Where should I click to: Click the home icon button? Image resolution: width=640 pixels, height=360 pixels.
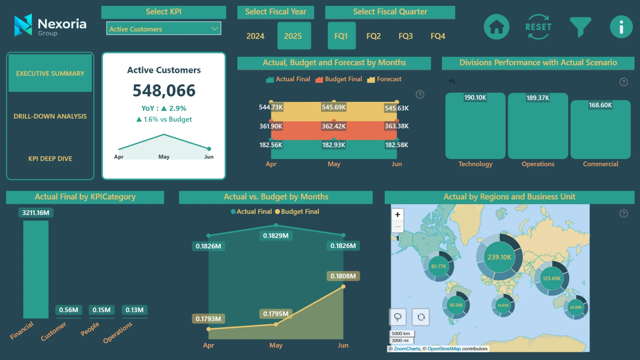pyautogui.click(x=496, y=27)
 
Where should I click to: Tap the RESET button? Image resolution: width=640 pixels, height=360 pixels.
pyautogui.click(x=538, y=27)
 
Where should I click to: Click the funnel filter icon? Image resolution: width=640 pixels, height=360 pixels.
pyautogui.click(x=580, y=27)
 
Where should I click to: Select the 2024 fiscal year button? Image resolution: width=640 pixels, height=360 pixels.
pyautogui.click(x=255, y=36)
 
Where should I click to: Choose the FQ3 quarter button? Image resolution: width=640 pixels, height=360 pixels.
pyautogui.click(x=405, y=36)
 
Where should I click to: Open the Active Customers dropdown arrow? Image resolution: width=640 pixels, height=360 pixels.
pyautogui.click(x=215, y=29)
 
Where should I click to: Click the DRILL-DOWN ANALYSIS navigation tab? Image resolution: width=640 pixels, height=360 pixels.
pyautogui.click(x=50, y=116)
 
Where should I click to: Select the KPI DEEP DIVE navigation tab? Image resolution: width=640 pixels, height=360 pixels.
pyautogui.click(x=50, y=159)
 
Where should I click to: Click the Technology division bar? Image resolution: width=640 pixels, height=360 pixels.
pyautogui.click(x=475, y=128)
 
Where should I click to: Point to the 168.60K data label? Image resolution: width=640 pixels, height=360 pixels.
pyautogui.click(x=600, y=105)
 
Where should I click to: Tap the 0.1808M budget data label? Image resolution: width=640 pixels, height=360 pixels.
pyautogui.click(x=343, y=276)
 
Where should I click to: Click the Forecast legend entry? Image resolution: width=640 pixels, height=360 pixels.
pyautogui.click(x=385, y=79)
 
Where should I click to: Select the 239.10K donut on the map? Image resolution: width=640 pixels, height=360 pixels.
pyautogui.click(x=499, y=257)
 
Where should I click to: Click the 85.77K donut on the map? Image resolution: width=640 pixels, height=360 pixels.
pyautogui.click(x=438, y=266)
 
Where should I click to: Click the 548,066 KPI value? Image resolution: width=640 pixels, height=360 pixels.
pyautogui.click(x=164, y=91)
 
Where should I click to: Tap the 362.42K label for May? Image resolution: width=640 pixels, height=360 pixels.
pyautogui.click(x=334, y=126)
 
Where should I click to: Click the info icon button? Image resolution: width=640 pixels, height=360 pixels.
pyautogui.click(x=621, y=27)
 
